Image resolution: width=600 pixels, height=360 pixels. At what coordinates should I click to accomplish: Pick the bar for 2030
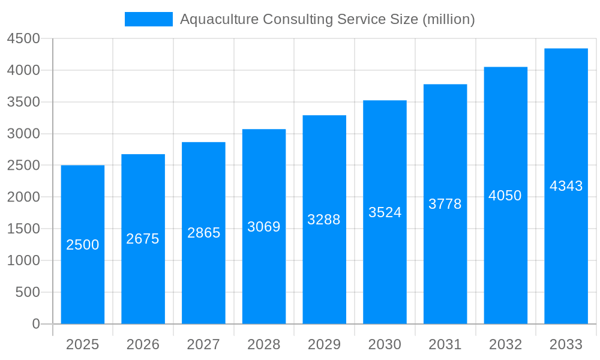click(x=385, y=270)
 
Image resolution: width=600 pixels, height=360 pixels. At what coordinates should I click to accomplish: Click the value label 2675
click(x=143, y=239)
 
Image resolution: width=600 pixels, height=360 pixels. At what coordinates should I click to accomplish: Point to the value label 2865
click(x=204, y=233)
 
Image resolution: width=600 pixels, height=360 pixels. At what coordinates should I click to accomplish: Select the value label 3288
click(x=324, y=220)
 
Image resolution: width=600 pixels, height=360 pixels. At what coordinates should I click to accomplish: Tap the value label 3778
click(x=445, y=204)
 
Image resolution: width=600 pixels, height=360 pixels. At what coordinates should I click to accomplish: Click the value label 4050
click(x=505, y=196)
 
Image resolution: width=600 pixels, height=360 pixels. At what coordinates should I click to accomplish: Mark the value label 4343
click(x=566, y=186)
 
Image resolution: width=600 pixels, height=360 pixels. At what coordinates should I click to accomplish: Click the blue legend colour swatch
click(x=148, y=19)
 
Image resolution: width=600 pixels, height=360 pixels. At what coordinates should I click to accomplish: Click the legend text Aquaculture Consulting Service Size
click(x=327, y=19)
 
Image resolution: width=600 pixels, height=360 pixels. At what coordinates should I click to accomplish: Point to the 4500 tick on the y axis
click(x=23, y=39)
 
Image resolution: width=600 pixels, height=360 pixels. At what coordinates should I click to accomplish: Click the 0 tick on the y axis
click(x=35, y=324)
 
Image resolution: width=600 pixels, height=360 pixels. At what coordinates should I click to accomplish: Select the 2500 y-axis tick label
click(x=23, y=166)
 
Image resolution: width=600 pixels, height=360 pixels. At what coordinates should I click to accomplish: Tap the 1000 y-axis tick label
click(x=23, y=260)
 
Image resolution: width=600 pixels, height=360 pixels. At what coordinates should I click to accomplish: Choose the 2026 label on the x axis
click(x=143, y=344)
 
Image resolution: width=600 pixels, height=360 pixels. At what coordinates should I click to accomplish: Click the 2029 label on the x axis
click(x=324, y=344)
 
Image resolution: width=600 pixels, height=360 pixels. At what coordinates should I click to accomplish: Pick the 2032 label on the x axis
click(x=505, y=344)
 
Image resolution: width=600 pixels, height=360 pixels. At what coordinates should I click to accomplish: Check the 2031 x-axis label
click(x=445, y=344)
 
